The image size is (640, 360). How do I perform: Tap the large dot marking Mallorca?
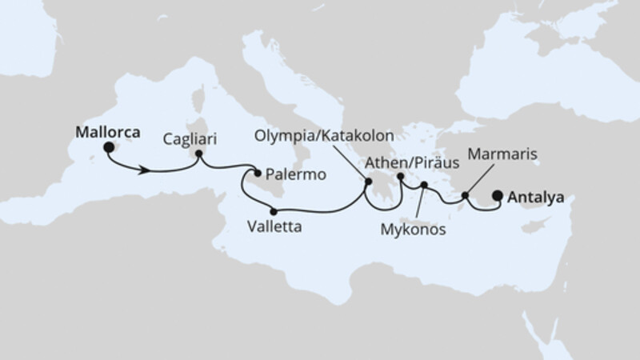click(108, 147)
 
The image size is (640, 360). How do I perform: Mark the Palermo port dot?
click(258, 172)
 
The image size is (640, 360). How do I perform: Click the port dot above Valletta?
click(274, 212)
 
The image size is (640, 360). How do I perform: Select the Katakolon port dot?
click(368, 182)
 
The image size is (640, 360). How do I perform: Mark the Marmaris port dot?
click(466, 193)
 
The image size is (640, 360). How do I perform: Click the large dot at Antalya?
click(498, 194)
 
